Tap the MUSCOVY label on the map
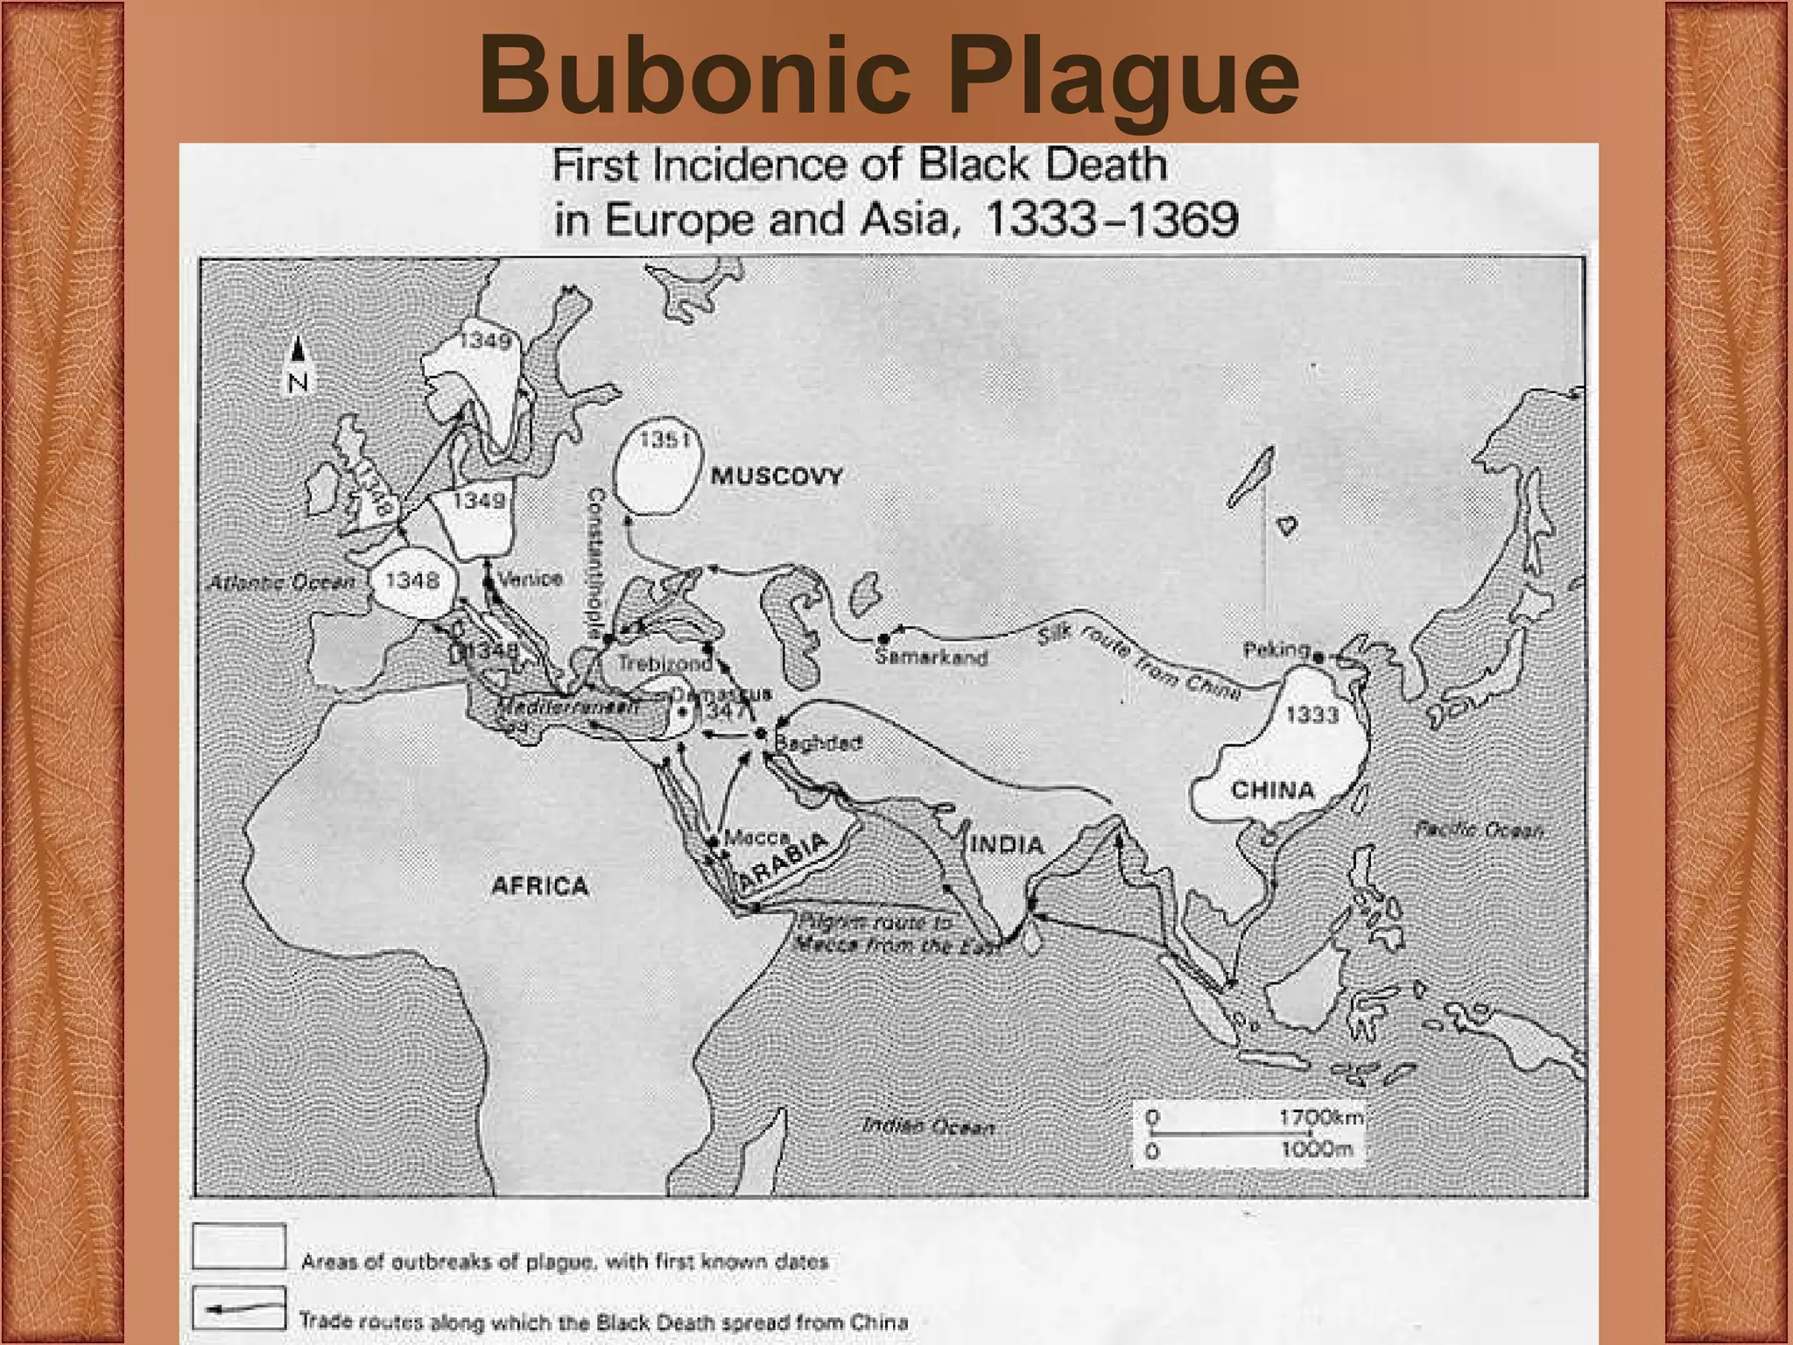[x=776, y=476]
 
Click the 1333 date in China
[x=1311, y=715]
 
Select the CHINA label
[x=1272, y=791]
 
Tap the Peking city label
[x=1276, y=650]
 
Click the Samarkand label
[x=932, y=657]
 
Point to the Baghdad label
[x=819, y=743]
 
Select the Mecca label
[x=756, y=838]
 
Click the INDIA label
[x=1007, y=845]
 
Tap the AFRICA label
[x=539, y=886]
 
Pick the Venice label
[x=530, y=579]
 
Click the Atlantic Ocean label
[x=281, y=582]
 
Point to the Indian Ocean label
[x=928, y=1126]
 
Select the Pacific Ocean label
[x=1479, y=829]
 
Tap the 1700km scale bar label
[x=1320, y=1117]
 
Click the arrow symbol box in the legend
[x=238, y=1309]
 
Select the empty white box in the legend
[x=238, y=1246]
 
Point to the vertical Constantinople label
[x=595, y=561]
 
